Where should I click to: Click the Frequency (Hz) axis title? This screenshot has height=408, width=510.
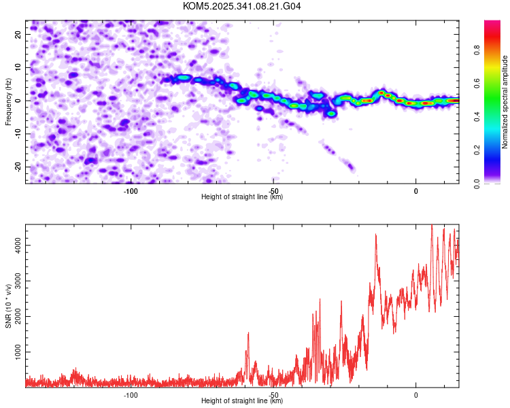(8, 101)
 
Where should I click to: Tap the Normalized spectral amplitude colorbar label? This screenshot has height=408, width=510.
(505, 101)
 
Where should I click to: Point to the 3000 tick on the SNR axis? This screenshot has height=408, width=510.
(16, 279)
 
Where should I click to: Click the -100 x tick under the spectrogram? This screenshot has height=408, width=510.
(131, 191)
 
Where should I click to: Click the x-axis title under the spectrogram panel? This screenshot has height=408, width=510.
(242, 197)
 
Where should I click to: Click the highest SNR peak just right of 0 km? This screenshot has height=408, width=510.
(432, 225)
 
